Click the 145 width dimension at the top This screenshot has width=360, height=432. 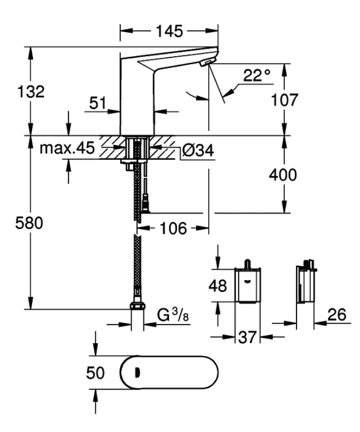pyautogui.click(x=170, y=31)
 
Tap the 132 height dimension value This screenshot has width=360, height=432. pyautogui.click(x=31, y=91)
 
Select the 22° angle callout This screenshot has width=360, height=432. pyautogui.click(x=257, y=75)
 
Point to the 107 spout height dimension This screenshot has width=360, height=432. pyautogui.click(x=284, y=100)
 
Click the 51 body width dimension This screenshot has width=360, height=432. pyautogui.click(x=98, y=103)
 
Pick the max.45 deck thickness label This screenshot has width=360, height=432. pyautogui.click(x=67, y=148)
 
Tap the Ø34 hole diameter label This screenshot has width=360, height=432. pyautogui.click(x=198, y=151)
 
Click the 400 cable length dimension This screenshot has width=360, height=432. pyautogui.click(x=283, y=175)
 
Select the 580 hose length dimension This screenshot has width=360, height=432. pyautogui.click(x=29, y=223)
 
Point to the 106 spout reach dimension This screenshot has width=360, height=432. pyautogui.click(x=173, y=228)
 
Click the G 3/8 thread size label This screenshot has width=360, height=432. pyautogui.click(x=173, y=315)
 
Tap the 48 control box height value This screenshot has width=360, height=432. pyautogui.click(x=218, y=285)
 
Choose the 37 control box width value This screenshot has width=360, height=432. pyautogui.click(x=247, y=337)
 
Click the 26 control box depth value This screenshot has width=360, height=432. pyautogui.click(x=337, y=315)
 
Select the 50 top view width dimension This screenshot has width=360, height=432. pyautogui.click(x=96, y=373)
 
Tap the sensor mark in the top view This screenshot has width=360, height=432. pyautogui.click(x=137, y=373)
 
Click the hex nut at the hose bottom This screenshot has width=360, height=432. pyautogui.click(x=137, y=306)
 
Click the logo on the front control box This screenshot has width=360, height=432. pyautogui.click(x=247, y=281)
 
